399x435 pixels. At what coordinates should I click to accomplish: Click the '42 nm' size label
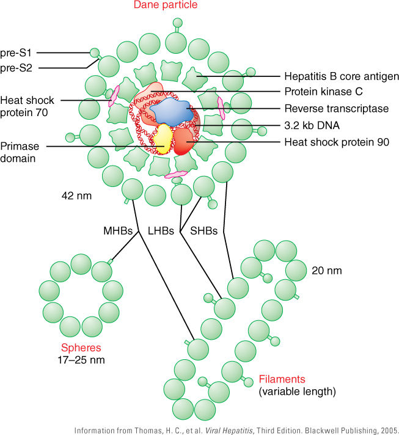coord(76,197)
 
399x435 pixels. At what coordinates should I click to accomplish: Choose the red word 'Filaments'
coord(282,379)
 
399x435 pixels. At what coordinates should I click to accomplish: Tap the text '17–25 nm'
coord(78,360)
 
